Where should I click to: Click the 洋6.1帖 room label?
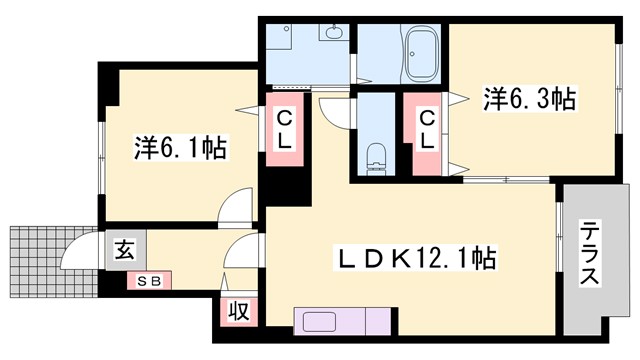180,149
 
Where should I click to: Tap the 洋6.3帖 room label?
531,100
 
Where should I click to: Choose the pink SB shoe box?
149,280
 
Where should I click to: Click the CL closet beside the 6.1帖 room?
284,129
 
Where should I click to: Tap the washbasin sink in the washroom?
333,35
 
